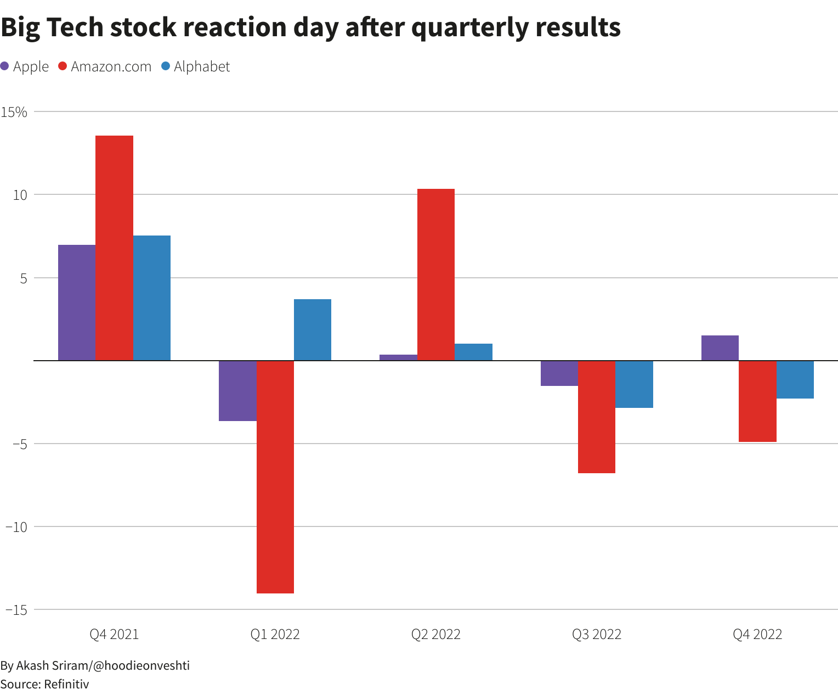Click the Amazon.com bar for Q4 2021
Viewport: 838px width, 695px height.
(114, 248)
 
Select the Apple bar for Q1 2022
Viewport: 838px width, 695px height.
(237, 391)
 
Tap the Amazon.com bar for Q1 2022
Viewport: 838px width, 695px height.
(275, 477)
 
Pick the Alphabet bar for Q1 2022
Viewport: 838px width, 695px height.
(313, 330)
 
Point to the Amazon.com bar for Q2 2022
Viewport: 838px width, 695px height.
(436, 274)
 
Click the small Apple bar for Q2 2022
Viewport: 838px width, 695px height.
(398, 357)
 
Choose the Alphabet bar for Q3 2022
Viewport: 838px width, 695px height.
(634, 384)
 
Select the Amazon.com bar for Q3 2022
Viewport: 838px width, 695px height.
(597, 417)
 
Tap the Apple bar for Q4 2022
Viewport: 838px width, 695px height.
(720, 348)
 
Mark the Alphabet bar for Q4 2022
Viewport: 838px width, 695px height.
(795, 379)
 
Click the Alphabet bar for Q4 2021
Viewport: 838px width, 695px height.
(152, 298)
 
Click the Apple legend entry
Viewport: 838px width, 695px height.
(25, 66)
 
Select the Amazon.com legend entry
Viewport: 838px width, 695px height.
(105, 66)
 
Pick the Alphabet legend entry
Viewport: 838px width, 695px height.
(196, 66)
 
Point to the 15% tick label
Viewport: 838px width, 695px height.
(14, 112)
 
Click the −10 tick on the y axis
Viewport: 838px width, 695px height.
(16, 526)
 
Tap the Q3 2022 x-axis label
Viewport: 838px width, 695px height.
(597, 635)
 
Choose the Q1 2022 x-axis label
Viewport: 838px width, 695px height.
(275, 635)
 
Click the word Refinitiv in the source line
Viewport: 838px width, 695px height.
(66, 684)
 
